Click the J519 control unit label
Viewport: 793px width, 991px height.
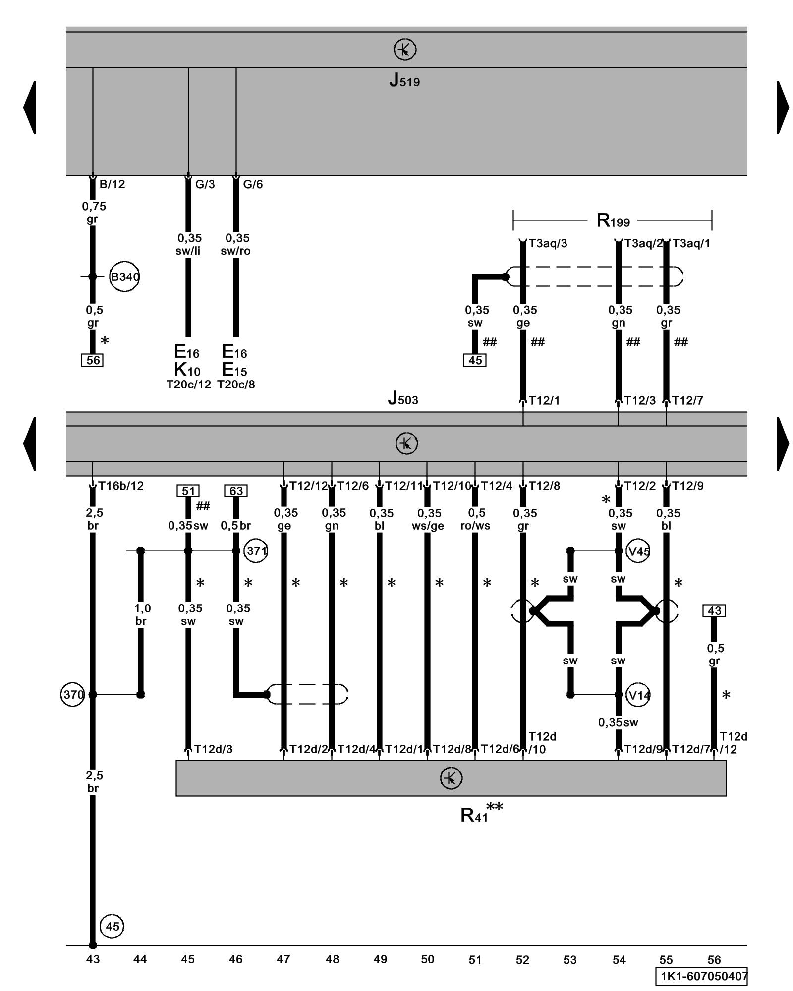point(404,80)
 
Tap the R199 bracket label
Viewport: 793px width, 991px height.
point(613,220)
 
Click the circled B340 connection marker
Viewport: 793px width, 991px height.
point(124,276)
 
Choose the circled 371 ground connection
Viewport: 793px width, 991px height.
point(256,551)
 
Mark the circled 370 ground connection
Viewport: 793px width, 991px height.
point(73,695)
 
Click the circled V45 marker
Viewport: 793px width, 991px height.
point(638,551)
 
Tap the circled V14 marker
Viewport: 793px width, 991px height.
point(638,695)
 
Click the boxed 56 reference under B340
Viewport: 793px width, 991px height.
point(92,360)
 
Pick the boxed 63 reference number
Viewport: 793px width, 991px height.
point(236,491)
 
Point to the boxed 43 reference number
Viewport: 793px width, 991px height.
point(714,611)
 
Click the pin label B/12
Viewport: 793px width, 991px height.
point(112,185)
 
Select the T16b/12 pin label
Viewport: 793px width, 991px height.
point(121,486)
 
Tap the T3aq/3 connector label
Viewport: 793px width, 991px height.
point(548,243)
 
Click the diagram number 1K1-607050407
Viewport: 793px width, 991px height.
point(701,977)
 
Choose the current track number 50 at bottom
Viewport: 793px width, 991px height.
point(427,959)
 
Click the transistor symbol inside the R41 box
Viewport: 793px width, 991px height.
point(451,778)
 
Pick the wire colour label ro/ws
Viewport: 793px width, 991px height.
point(475,526)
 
